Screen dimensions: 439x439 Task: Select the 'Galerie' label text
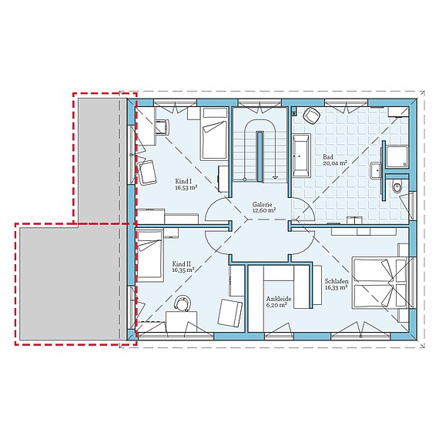click(x=263, y=206)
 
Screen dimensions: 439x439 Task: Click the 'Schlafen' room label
click(x=337, y=281)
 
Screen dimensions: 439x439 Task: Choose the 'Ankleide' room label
click(x=276, y=297)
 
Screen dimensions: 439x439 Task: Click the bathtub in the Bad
click(x=300, y=156)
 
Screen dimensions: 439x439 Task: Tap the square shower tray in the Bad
click(x=397, y=156)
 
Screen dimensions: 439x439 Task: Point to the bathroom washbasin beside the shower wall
click(x=377, y=170)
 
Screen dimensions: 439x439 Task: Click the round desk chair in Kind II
click(x=183, y=304)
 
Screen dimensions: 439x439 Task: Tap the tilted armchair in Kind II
click(x=229, y=312)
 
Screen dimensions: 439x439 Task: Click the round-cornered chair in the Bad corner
click(x=311, y=116)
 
